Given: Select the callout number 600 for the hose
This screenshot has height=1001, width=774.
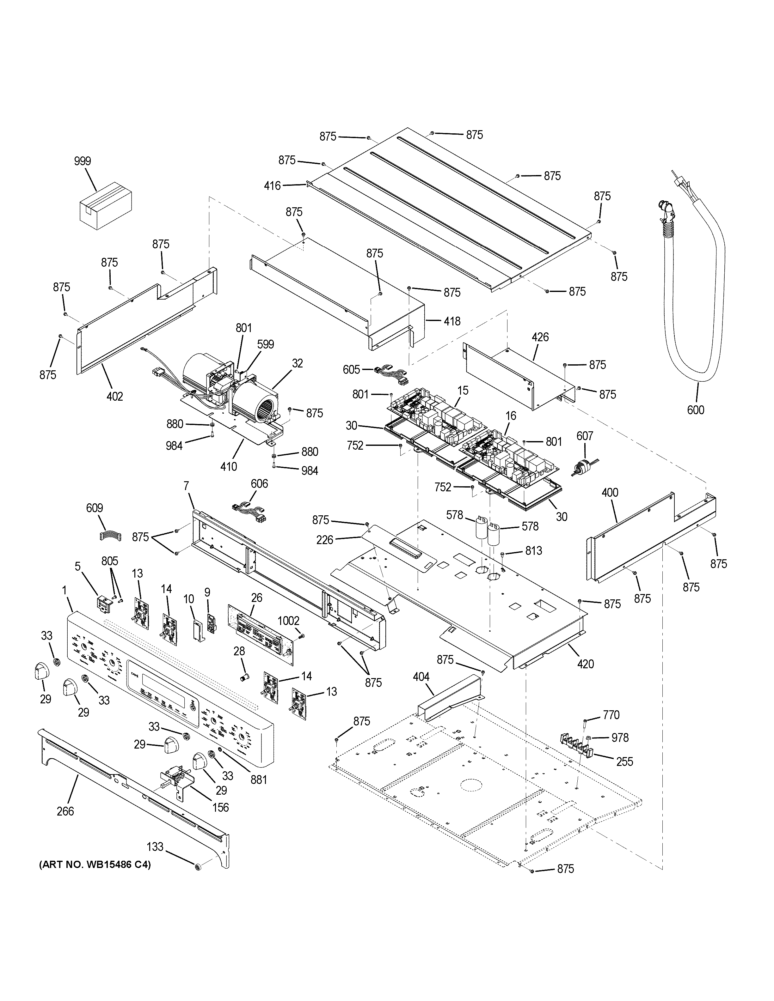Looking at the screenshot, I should (x=695, y=410).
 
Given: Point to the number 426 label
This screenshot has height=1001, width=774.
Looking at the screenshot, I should (x=540, y=337).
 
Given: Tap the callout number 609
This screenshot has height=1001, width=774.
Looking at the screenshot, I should (x=95, y=508).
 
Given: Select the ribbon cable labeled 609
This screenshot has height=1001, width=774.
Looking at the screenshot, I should (x=109, y=534).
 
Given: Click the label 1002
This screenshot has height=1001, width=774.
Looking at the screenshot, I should (x=288, y=621).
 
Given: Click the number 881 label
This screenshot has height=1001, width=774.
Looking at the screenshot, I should (x=259, y=779).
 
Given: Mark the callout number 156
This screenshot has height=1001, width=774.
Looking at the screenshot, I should (x=221, y=807).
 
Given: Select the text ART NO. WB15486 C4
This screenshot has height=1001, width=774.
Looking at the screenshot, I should (x=95, y=865).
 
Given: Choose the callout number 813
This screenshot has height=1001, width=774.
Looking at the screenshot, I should (x=534, y=550).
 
